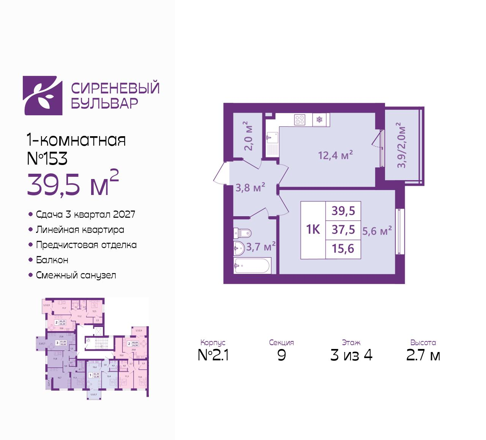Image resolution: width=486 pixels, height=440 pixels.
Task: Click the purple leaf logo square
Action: [x=43, y=96]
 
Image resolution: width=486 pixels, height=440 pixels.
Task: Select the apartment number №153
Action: [x=47, y=159]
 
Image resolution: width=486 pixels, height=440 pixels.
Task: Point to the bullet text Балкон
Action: [x=52, y=260]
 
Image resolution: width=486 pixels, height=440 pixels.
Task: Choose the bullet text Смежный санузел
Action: [x=76, y=275]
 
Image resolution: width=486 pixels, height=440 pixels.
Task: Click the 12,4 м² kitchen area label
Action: [x=336, y=155]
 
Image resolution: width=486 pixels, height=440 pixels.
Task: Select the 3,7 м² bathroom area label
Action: [x=261, y=247]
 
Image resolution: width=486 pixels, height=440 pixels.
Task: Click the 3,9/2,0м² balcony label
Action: [x=402, y=145]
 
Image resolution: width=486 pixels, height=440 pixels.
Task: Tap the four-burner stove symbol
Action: [x=300, y=120]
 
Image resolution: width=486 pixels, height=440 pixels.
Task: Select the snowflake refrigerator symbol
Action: [x=320, y=120]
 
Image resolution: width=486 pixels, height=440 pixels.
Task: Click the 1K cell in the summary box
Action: [x=313, y=229]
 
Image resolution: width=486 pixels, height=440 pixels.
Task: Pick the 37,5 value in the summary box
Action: [x=343, y=229]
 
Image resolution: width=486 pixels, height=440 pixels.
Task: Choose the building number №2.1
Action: [x=213, y=355]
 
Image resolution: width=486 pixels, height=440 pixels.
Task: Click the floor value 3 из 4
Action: [x=351, y=355]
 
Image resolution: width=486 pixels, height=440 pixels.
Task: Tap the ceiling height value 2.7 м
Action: [x=423, y=355]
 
